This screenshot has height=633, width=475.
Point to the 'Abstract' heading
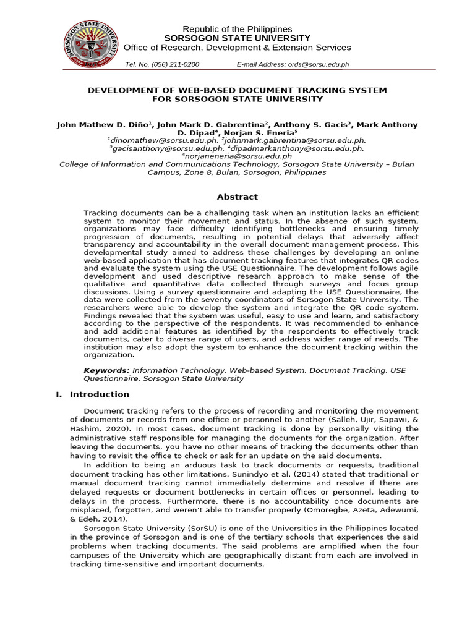point(237,197)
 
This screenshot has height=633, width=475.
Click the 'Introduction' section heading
point(100,394)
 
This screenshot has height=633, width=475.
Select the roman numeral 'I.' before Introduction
point(60,394)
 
